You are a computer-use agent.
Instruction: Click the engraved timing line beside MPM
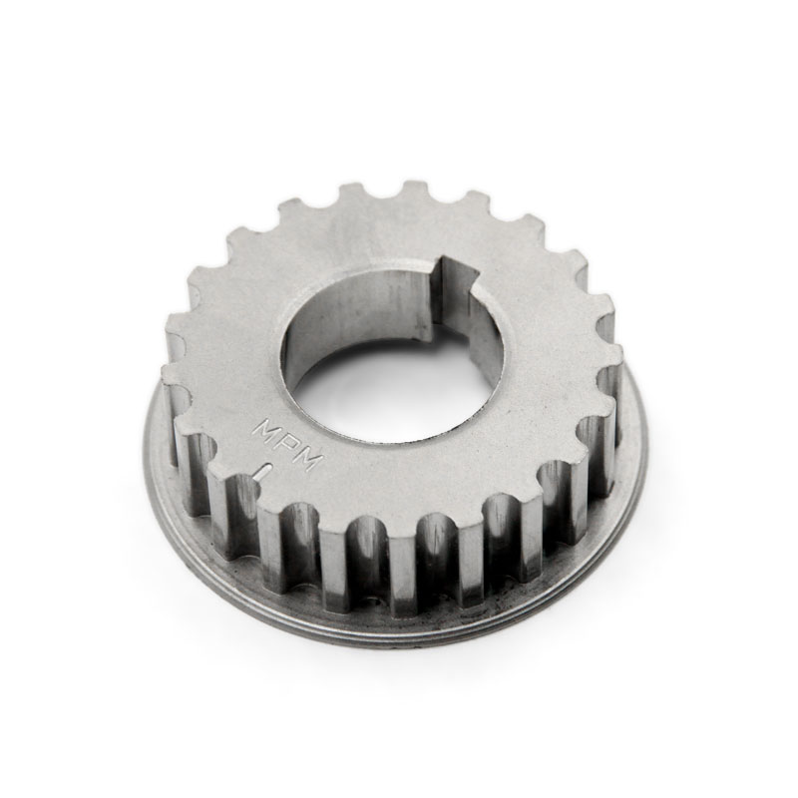tap(264, 472)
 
